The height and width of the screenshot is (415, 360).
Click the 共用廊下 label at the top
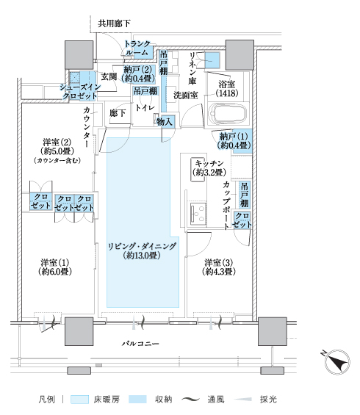[x=114, y=24]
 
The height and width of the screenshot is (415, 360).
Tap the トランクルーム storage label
[x=137, y=48]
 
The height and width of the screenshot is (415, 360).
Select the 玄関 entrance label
[x=109, y=76]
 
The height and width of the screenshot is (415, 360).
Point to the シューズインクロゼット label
[x=80, y=91]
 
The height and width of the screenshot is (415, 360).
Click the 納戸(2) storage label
[x=138, y=74]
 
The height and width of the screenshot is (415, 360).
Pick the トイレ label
[x=145, y=108]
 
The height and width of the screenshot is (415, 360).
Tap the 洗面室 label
[x=186, y=95]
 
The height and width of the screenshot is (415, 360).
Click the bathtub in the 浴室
[x=228, y=114]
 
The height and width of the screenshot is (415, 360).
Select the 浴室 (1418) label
[x=227, y=89]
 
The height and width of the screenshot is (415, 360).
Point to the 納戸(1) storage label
[x=234, y=141]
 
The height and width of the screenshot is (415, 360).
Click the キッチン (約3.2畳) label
[x=209, y=167]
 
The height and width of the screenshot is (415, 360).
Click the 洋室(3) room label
[x=219, y=267]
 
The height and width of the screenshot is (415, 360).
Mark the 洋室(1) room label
[x=55, y=267]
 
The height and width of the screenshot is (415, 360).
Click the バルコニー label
[x=140, y=344]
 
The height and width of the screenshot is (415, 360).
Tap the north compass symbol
[x=337, y=361]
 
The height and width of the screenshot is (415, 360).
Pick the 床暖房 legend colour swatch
[x=79, y=400]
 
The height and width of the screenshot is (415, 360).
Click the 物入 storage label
[x=165, y=122]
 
